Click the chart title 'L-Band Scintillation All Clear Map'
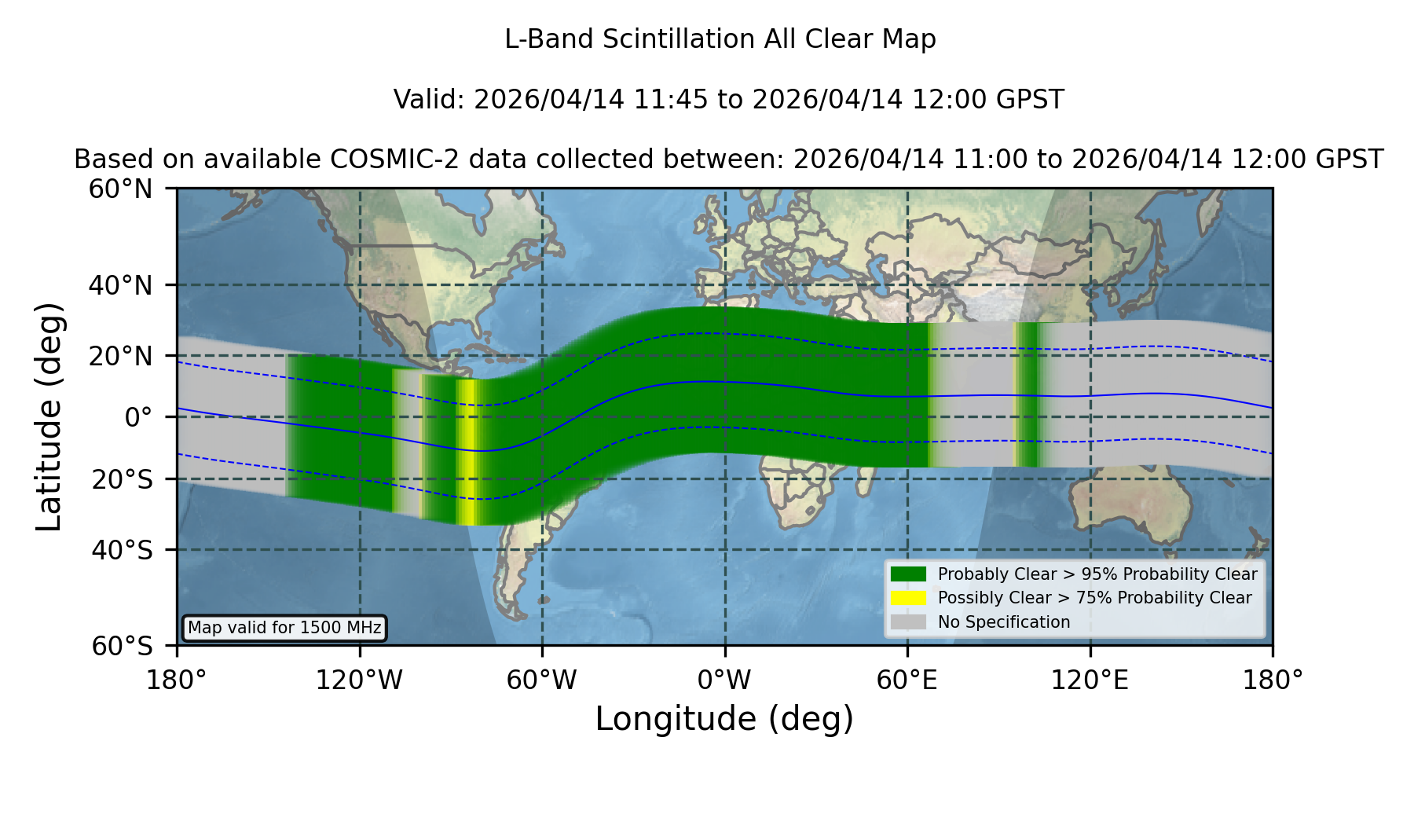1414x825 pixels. (720, 38)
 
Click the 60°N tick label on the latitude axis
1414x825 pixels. (120, 189)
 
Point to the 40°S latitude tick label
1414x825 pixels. (122, 549)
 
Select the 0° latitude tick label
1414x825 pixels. (138, 416)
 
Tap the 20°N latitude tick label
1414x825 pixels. (120, 356)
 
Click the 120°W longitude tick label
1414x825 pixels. (359, 680)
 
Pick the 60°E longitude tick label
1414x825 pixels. (907, 680)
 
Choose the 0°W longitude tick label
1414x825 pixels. (725, 680)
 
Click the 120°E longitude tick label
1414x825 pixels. (1090, 680)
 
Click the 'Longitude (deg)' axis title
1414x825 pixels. (724, 719)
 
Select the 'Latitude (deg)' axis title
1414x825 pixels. (49, 416)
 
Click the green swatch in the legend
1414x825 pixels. (908, 574)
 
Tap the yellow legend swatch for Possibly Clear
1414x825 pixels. (908, 597)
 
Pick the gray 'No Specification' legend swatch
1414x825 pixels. (908, 621)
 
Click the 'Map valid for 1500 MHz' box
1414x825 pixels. (284, 628)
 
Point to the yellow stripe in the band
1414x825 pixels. (467, 452)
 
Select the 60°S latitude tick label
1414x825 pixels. (122, 646)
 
